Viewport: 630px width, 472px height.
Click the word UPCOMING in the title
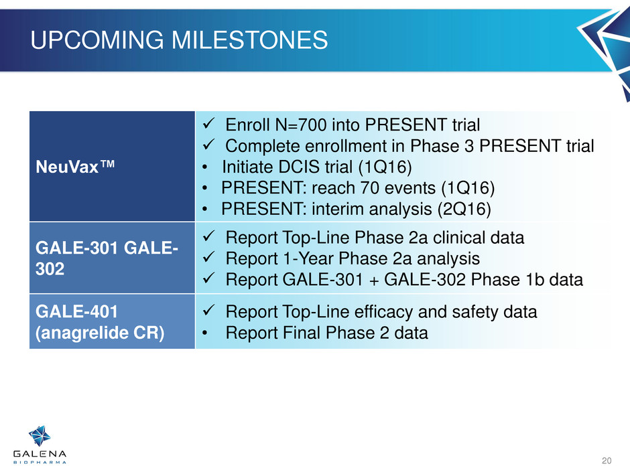tap(97, 40)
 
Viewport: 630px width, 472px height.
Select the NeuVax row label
tap(75, 167)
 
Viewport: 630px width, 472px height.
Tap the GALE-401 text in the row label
tap(77, 311)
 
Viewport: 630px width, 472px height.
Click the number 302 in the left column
tap(50, 269)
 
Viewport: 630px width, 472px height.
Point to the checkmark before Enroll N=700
tap(208, 123)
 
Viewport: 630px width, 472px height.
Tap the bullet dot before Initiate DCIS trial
tap(206, 167)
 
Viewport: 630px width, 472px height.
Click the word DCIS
tap(300, 167)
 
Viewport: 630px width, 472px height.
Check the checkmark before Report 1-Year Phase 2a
tap(208, 256)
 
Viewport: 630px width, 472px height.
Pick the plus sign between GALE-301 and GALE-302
tap(374, 280)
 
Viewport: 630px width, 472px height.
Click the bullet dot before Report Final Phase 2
tap(206, 333)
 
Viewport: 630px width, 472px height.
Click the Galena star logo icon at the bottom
tap(40, 436)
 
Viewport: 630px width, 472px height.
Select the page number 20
tap(607, 461)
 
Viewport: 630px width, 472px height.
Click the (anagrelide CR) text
tap(100, 333)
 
